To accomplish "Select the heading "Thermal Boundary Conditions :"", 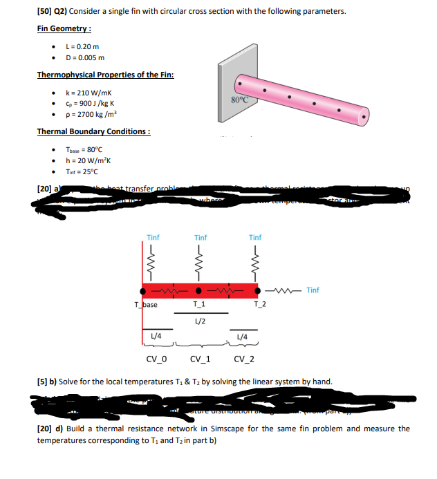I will (93, 131).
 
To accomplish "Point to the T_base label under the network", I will (146, 304).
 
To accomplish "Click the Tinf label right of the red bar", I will (313, 290).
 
